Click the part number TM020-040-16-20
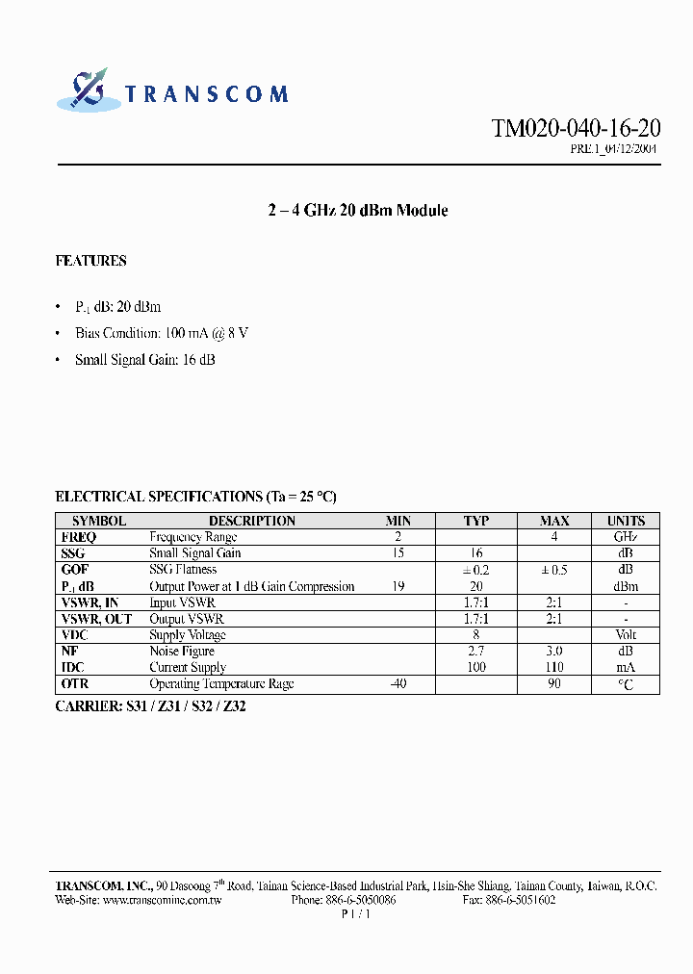click(x=576, y=130)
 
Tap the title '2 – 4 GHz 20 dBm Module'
click(x=357, y=211)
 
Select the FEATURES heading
click(x=91, y=261)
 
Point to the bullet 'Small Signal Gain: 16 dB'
click(x=145, y=360)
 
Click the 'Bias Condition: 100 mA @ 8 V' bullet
click(x=162, y=333)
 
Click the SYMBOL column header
click(x=99, y=521)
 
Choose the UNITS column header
click(x=626, y=521)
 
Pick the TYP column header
click(x=476, y=521)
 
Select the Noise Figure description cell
click(x=182, y=652)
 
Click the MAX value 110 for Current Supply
click(x=554, y=667)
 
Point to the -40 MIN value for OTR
click(x=398, y=684)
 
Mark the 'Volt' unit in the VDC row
click(x=626, y=635)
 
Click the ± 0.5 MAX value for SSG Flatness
click(x=553, y=570)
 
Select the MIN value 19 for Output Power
click(x=398, y=586)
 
